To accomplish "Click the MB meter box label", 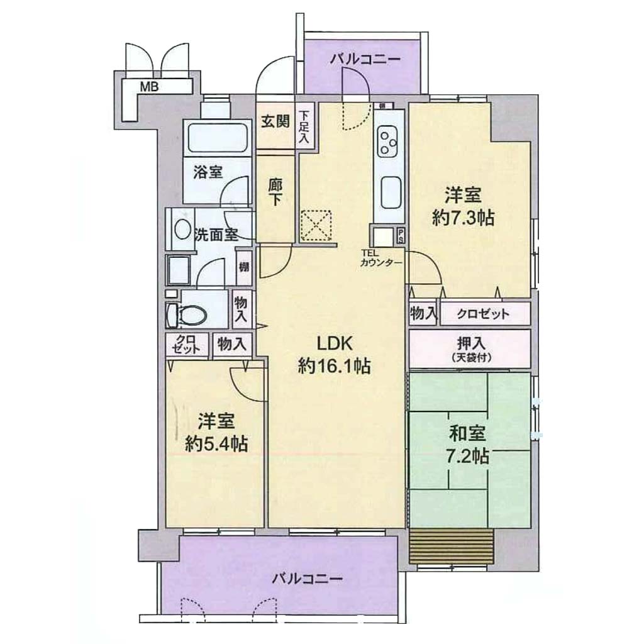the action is point(150,87).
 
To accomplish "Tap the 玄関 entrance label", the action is point(275,121).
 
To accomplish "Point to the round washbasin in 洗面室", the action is point(182,229).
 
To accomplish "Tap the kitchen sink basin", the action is point(391,192).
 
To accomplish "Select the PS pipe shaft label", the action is point(400,235).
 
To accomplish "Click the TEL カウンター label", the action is point(380,260).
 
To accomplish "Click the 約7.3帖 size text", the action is point(463,218).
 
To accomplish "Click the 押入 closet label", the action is point(472,341).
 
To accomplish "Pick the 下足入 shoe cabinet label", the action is point(304,127).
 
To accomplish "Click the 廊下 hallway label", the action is point(275,193).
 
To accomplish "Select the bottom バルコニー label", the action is point(307,579).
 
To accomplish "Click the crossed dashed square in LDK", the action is point(316,226).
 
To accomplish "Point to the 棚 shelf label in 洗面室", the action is point(244,267).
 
